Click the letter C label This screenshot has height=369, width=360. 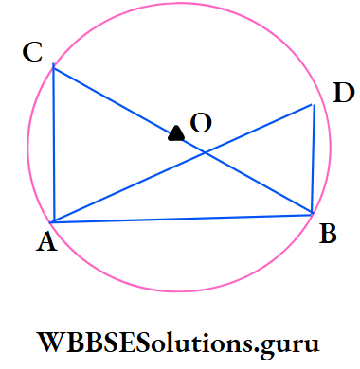click(x=33, y=53)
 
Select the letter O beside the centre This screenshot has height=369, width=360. click(x=201, y=122)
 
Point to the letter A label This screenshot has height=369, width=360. click(x=44, y=244)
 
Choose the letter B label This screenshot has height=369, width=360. click(x=328, y=234)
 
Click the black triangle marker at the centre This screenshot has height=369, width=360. click(x=175, y=133)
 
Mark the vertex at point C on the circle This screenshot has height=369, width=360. click(x=53, y=67)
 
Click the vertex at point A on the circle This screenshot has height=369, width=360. click(x=54, y=222)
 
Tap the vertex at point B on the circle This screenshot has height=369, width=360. click(x=312, y=214)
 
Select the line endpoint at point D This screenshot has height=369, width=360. click(x=313, y=104)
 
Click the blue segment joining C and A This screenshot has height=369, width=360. click(x=53, y=145)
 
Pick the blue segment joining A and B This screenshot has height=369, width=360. click(x=183, y=219)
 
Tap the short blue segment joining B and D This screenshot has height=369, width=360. click(x=313, y=159)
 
